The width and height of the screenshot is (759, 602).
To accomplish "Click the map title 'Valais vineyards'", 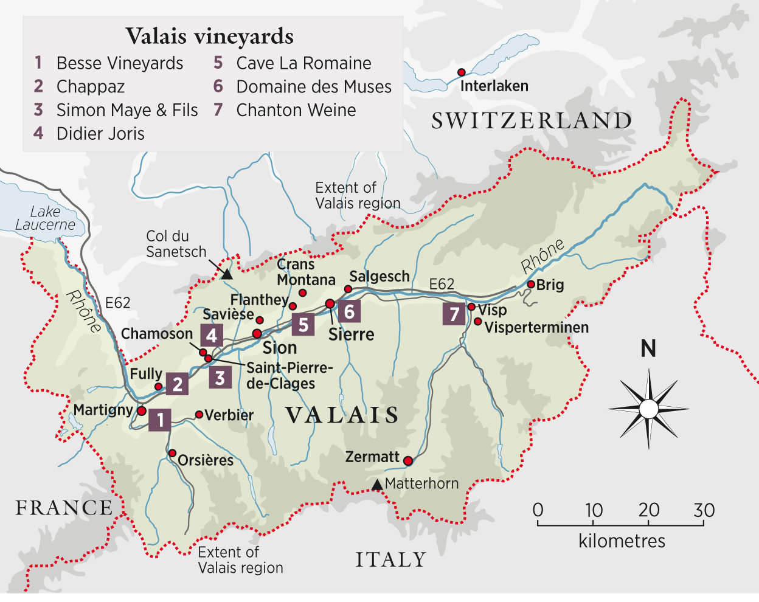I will click(x=209, y=36).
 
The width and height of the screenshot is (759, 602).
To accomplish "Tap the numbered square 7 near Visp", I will click(x=454, y=314).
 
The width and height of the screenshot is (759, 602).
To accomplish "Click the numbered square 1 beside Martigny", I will click(x=159, y=420).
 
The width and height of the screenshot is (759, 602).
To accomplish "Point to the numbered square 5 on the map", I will click(x=303, y=325).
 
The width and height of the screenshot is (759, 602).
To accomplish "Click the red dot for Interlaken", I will click(x=462, y=72).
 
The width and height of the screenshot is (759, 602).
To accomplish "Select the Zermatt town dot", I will click(x=408, y=460).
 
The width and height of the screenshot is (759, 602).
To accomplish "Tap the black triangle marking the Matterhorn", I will click(x=377, y=485).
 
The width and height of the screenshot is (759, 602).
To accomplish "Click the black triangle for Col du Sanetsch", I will click(x=226, y=275).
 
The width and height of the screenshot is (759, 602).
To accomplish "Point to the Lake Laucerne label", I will click(x=45, y=218).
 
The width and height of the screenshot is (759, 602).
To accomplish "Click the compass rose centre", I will click(x=648, y=409).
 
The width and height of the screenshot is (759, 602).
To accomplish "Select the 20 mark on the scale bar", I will click(x=649, y=510).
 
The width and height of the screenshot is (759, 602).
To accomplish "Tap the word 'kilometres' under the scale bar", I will click(x=622, y=541).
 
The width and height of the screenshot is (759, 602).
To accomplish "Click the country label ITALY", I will click(x=391, y=559).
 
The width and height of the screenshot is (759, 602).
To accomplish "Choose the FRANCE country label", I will click(x=64, y=508).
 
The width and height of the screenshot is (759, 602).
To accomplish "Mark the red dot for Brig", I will click(x=531, y=284).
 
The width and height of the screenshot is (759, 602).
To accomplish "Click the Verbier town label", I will click(x=229, y=415).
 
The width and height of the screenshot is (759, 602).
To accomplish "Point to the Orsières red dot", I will click(x=172, y=453).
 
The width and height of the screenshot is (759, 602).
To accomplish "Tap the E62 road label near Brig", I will click(x=442, y=284).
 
